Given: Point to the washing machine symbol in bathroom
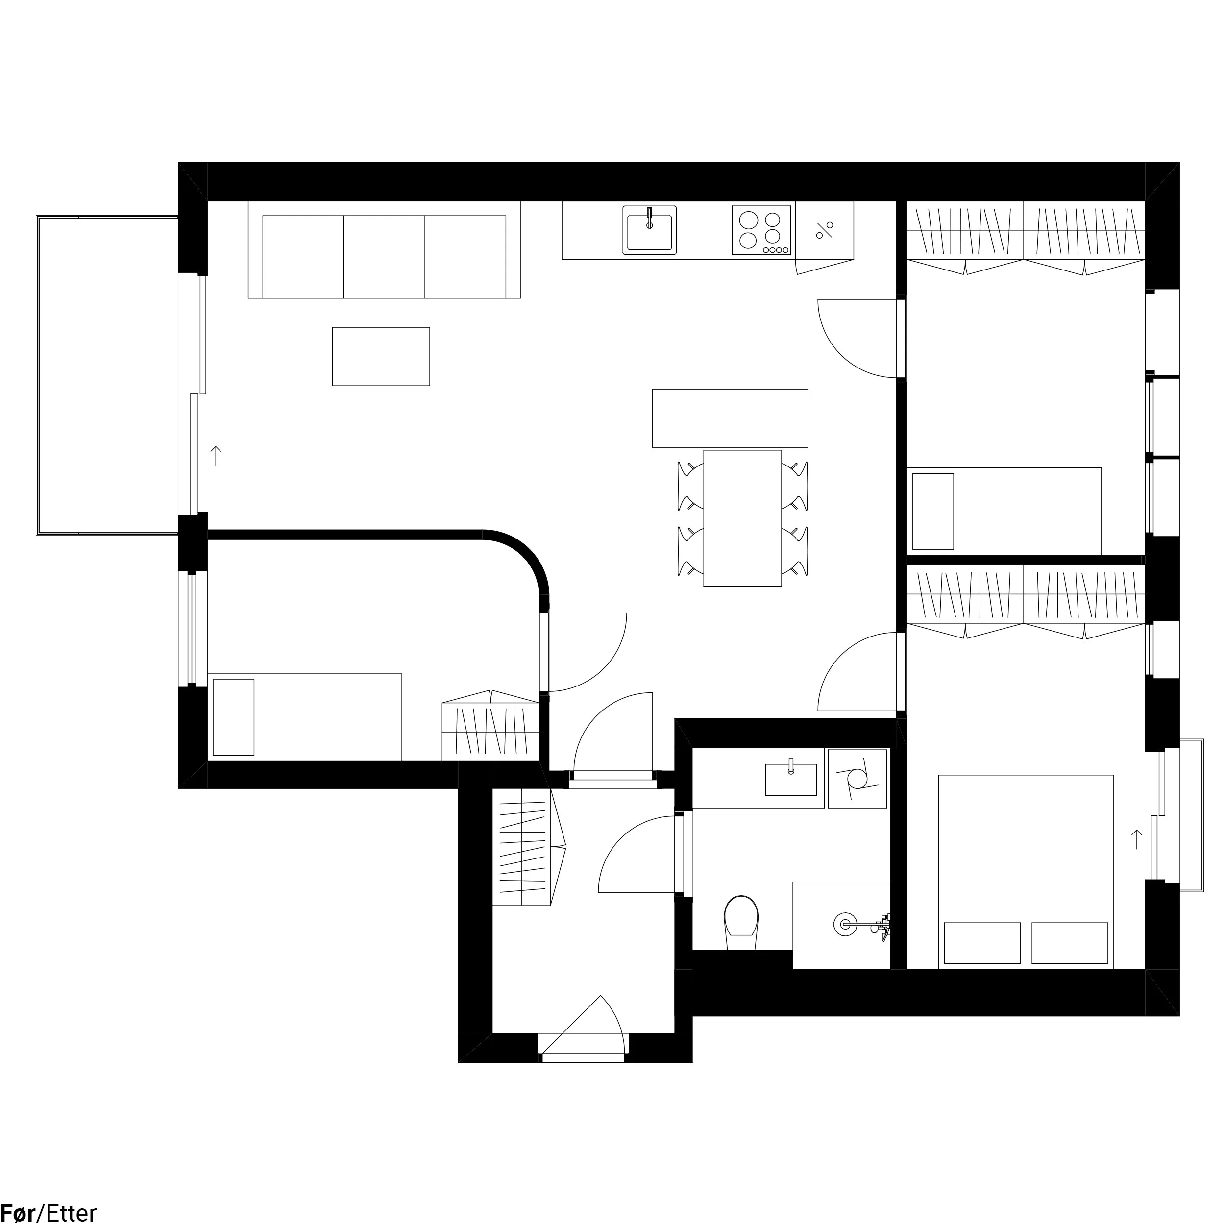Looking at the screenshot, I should (857, 779).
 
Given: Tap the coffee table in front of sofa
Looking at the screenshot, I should (380, 356).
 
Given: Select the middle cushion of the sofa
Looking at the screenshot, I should (384, 256).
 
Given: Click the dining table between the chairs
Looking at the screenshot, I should (742, 518).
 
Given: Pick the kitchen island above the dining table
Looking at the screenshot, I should (730, 418).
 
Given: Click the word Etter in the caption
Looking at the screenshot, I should (71, 1213).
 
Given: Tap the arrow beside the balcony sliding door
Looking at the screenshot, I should (216, 456).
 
